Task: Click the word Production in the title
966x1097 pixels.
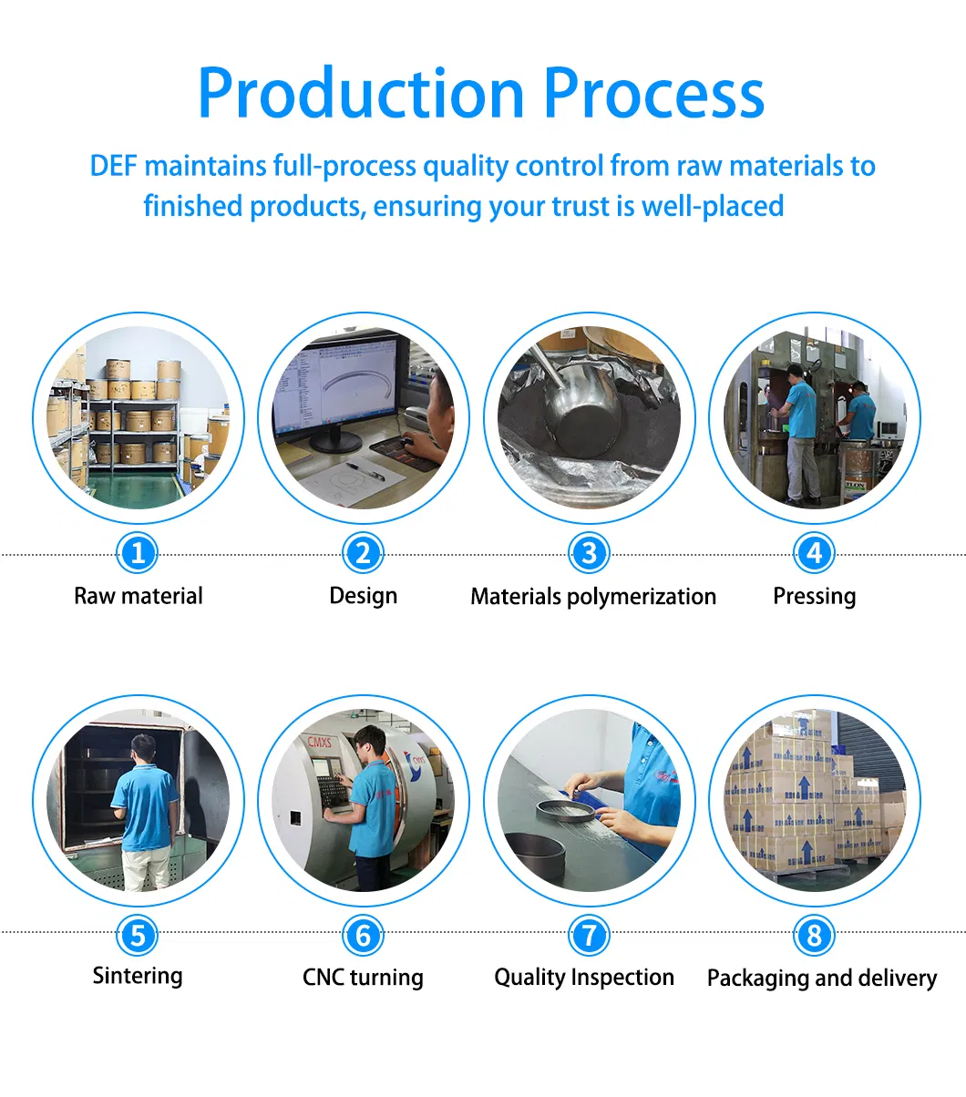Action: (x=361, y=95)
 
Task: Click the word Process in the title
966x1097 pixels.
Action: (x=653, y=95)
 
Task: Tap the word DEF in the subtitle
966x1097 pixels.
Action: (x=114, y=167)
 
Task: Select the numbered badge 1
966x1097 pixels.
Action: (x=138, y=553)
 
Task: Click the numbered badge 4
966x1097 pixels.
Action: (x=814, y=553)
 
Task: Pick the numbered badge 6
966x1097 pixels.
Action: (x=363, y=935)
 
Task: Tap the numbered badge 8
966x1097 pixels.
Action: (x=814, y=935)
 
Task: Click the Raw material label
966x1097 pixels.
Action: (x=139, y=596)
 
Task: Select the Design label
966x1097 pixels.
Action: (x=363, y=596)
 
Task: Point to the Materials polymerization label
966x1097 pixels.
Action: (x=592, y=597)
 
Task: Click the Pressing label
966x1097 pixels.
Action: (x=814, y=596)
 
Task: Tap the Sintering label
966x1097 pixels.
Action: (x=138, y=976)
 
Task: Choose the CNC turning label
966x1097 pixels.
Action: (x=363, y=978)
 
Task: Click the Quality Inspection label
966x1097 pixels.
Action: (x=584, y=978)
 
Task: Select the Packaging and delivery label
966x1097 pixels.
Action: (x=821, y=979)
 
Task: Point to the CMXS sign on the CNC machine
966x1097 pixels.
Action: (x=319, y=743)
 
